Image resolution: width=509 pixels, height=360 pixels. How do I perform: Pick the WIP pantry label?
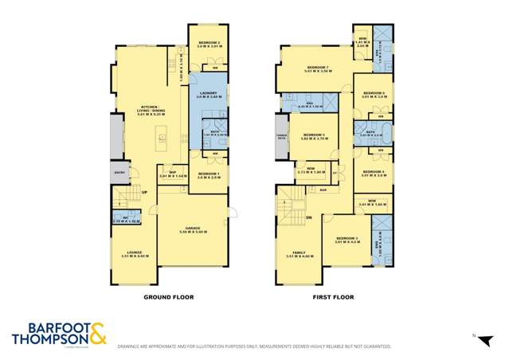172,171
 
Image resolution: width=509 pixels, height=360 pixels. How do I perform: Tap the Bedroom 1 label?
209,173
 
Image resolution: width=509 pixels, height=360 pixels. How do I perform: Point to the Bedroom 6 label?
374,93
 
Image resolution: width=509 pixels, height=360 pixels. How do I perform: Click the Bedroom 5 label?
315,135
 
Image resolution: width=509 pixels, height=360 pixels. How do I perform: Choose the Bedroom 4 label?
374,171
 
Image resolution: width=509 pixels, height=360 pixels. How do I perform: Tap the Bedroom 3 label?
347,237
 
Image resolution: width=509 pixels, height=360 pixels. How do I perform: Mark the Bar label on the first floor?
323,190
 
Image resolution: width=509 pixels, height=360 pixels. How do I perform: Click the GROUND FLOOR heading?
168,297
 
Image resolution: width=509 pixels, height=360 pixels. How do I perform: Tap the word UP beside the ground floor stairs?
144,192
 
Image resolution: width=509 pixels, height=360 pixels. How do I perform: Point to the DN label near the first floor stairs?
307,216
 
